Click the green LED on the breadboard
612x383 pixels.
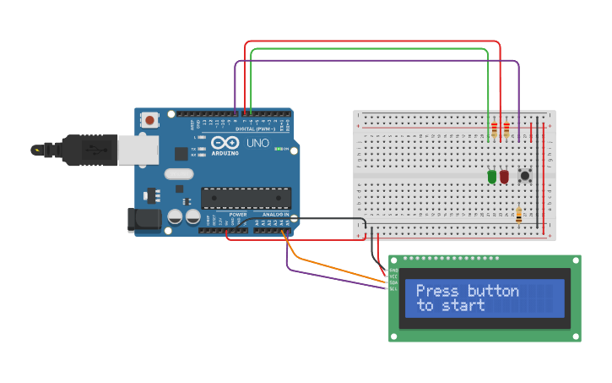pos(491,177)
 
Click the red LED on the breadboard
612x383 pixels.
pos(504,177)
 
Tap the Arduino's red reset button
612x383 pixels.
pos(149,120)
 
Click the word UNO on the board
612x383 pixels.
pos(257,143)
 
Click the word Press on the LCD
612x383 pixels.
pos(438,291)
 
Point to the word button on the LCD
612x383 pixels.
pos(493,291)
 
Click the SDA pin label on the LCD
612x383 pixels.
pos(393,282)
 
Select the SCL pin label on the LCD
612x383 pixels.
pos(393,288)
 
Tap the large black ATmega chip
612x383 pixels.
pos(246,198)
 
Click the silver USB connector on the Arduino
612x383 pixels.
pos(138,150)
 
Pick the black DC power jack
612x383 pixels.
pos(143,220)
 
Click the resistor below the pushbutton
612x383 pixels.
pos(517,215)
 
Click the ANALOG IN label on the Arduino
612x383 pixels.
pos(274,215)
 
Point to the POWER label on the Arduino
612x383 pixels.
pos(238,215)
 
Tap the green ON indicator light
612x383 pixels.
pos(279,149)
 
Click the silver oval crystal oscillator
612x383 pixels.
pos(179,174)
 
